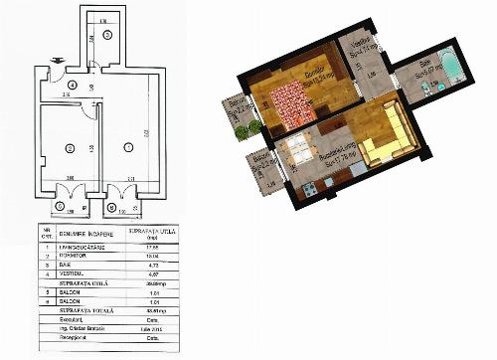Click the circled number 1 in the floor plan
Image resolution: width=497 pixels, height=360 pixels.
[127, 147]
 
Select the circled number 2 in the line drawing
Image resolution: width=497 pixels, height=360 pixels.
[69, 148]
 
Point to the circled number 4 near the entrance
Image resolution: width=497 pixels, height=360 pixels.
[61, 86]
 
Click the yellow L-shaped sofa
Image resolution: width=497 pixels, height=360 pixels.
[384, 139]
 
